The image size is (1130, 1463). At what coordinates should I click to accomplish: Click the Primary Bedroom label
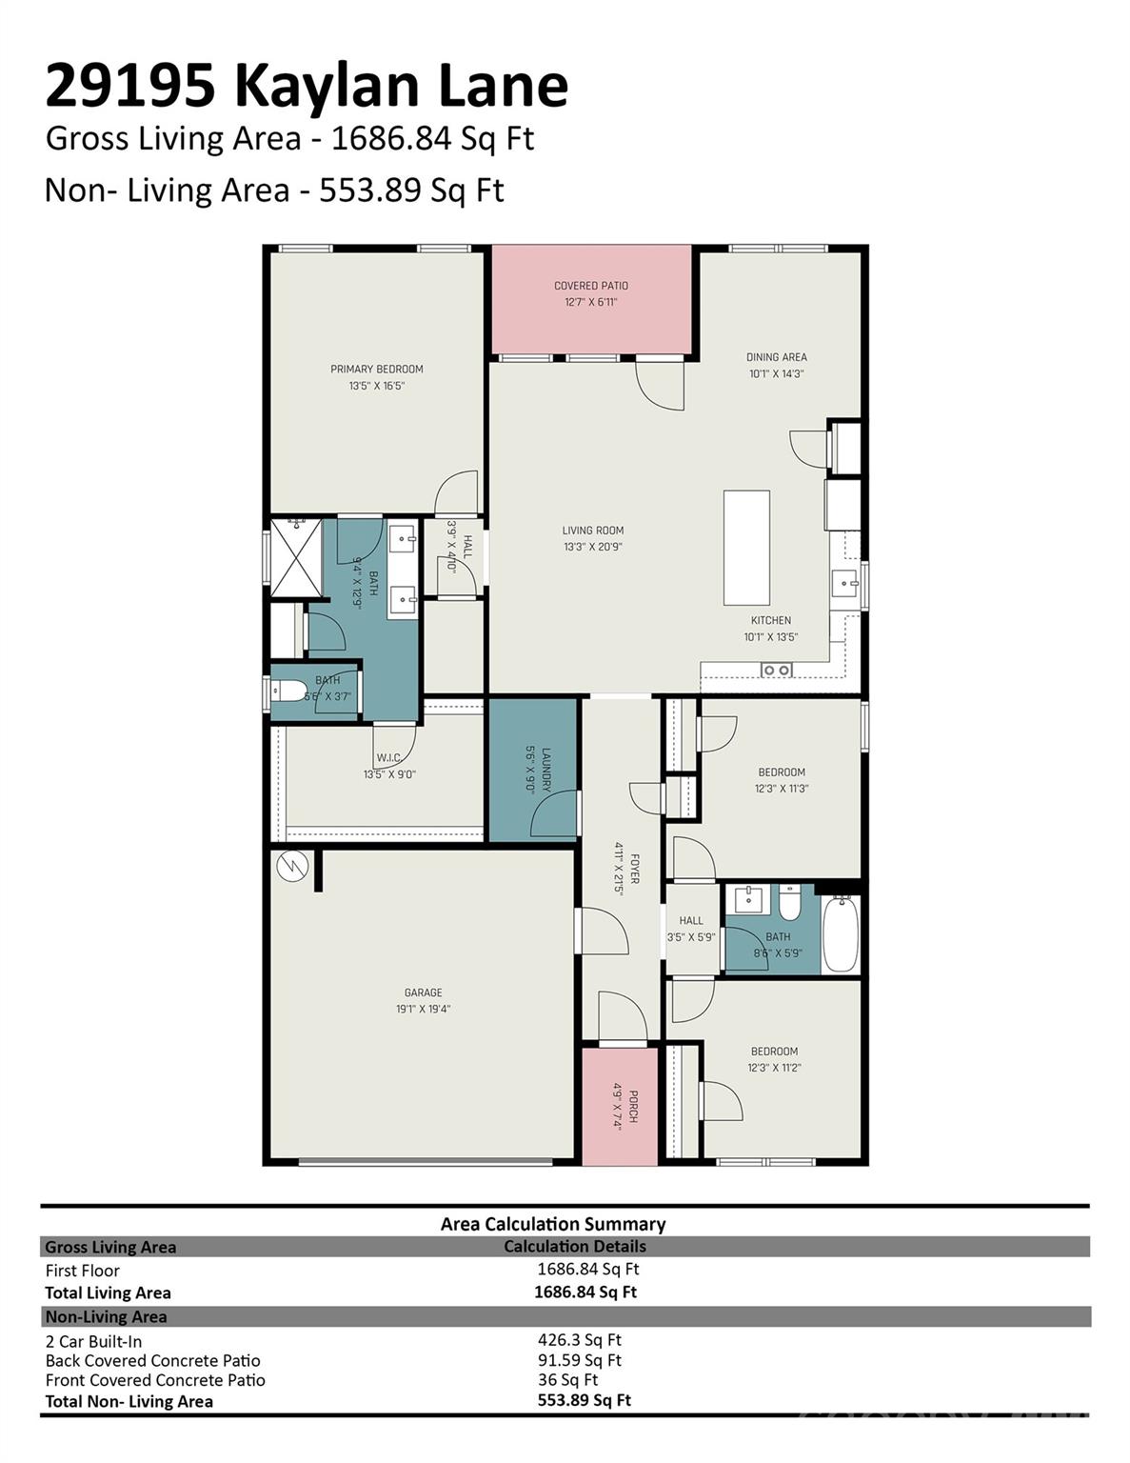point(377,369)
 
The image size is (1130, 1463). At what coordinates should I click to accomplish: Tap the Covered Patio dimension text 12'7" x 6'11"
point(590,302)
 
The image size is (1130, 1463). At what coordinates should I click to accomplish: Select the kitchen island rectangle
point(746,548)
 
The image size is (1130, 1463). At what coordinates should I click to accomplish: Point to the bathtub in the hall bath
point(841,933)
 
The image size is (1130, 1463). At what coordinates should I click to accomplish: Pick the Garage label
point(423,992)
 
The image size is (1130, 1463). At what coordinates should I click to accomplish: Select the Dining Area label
point(776,357)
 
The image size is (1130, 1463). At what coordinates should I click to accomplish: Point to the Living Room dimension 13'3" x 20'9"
point(592,547)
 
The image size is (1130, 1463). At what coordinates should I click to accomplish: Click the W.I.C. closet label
point(388,758)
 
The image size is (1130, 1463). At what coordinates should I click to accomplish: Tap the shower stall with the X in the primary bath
point(296,557)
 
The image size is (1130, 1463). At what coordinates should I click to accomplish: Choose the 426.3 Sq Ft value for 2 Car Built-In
point(579,1340)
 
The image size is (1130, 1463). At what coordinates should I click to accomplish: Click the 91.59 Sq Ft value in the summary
point(579,1360)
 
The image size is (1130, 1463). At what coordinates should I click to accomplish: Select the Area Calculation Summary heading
point(553,1224)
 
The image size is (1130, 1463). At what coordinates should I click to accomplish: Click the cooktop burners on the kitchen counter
point(777,670)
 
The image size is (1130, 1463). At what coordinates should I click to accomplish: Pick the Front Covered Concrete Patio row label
point(155,1380)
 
